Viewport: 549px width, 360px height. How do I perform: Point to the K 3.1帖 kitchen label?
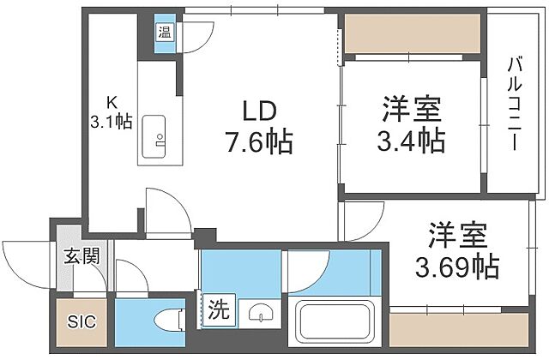pyautogui.click(x=112, y=111)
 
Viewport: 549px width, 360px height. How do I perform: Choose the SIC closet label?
pyautogui.click(x=83, y=322)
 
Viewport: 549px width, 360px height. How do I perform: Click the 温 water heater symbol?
pyautogui.click(x=163, y=33)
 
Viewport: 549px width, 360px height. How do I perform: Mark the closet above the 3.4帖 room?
pyautogui.click(x=411, y=35)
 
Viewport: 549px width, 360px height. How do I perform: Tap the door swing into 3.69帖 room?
pyautogui.click(x=360, y=221)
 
